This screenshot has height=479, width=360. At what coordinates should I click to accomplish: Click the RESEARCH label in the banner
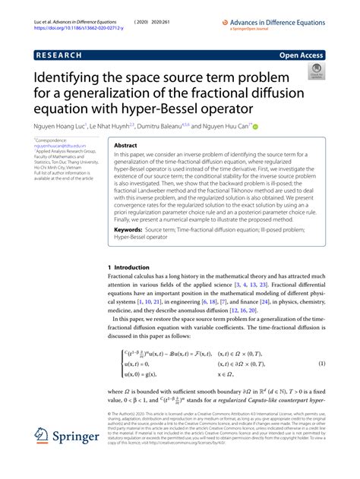[x=57, y=55]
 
